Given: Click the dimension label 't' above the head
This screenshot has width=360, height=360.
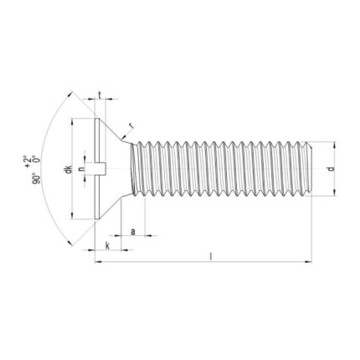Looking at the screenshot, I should tap(100, 95).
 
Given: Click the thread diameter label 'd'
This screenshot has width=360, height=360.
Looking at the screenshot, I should tap(331, 168).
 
